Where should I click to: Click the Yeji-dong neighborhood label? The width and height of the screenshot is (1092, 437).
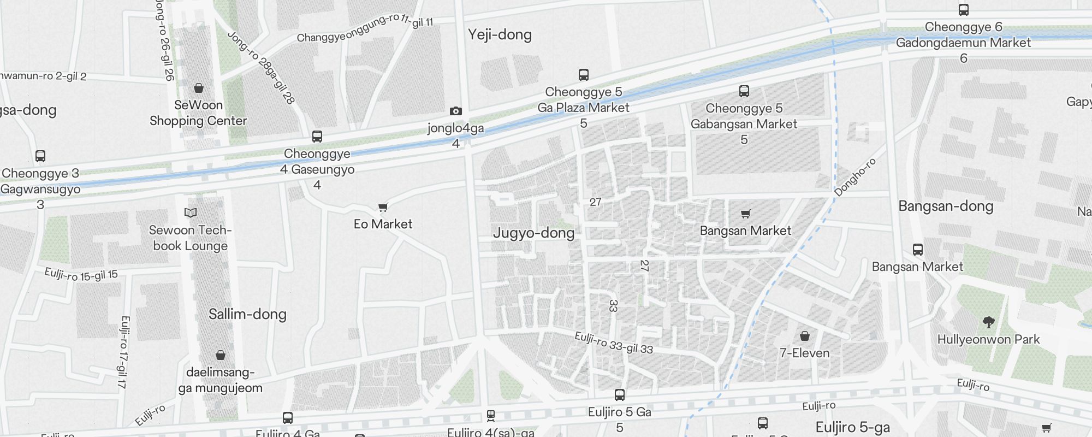click(500, 35)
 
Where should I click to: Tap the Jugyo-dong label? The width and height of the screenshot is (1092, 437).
click(533, 233)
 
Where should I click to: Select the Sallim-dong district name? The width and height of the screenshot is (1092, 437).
click(247, 314)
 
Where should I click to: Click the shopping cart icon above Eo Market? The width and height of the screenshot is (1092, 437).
click(383, 208)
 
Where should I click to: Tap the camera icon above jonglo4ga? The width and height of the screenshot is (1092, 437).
click(455, 111)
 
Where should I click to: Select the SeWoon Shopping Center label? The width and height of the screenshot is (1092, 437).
click(198, 113)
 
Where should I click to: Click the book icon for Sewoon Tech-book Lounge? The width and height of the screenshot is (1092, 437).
click(190, 212)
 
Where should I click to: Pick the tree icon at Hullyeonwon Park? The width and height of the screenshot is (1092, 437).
click(988, 322)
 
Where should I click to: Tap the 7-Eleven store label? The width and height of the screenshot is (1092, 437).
click(804, 353)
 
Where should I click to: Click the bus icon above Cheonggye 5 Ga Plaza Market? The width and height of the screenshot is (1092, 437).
click(583, 75)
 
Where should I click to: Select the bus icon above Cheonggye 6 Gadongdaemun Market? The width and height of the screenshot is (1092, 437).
click(963, 10)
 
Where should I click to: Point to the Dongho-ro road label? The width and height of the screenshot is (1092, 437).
click(855, 177)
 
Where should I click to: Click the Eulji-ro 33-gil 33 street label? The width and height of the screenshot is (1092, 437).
click(614, 343)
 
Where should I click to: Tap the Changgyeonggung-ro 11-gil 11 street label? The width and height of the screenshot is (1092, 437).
click(365, 28)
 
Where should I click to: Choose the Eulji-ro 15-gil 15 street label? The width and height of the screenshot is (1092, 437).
click(81, 275)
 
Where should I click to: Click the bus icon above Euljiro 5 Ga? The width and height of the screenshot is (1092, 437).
click(619, 395)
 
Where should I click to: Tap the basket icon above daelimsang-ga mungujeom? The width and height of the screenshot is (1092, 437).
click(220, 356)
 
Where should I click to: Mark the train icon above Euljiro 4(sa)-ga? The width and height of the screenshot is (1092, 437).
click(490, 416)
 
